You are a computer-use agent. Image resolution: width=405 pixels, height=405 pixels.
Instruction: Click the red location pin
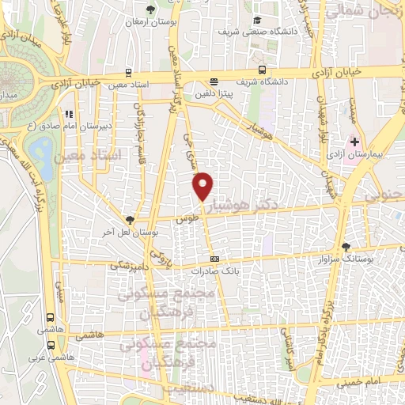pyautogui.click(x=203, y=185)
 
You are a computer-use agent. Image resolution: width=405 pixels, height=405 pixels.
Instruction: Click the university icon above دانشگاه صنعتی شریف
pyautogui.click(x=255, y=21)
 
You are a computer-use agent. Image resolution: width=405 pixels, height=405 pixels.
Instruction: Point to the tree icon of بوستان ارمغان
pyautogui.click(x=151, y=9)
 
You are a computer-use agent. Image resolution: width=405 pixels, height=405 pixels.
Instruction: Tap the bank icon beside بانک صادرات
pyautogui.click(x=214, y=259)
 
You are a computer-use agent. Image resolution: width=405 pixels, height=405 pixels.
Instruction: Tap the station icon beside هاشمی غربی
pyautogui.click(x=51, y=345)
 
